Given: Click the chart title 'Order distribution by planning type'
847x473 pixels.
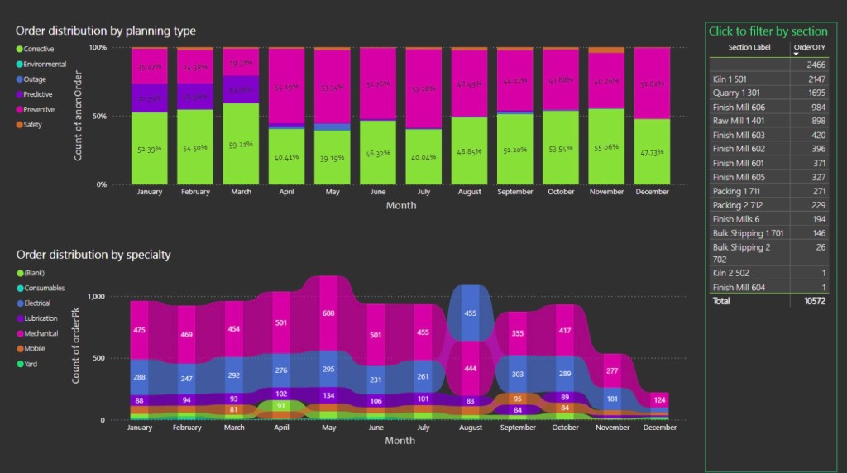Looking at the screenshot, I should coord(106,31).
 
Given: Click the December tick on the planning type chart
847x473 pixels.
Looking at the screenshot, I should coord(652,192).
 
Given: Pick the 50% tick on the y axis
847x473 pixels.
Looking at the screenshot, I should coord(98,117).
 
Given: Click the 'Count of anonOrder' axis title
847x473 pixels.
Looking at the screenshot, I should coord(79,116).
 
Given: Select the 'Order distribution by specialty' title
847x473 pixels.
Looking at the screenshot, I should coord(93,255).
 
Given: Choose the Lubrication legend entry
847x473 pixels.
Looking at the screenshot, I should coord(41,318).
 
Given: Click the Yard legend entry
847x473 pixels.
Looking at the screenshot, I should coord(31,363).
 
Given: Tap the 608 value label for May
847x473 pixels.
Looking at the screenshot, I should coord(329,313).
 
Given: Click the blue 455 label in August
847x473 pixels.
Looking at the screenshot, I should coord(470,313).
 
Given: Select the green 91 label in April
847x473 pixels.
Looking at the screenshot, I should coord(281,406).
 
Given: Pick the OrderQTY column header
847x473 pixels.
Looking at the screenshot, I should coord(810,47).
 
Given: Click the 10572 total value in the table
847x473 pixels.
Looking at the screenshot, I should coord(814,302).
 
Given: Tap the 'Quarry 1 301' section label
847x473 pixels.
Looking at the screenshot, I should coord(735,93).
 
